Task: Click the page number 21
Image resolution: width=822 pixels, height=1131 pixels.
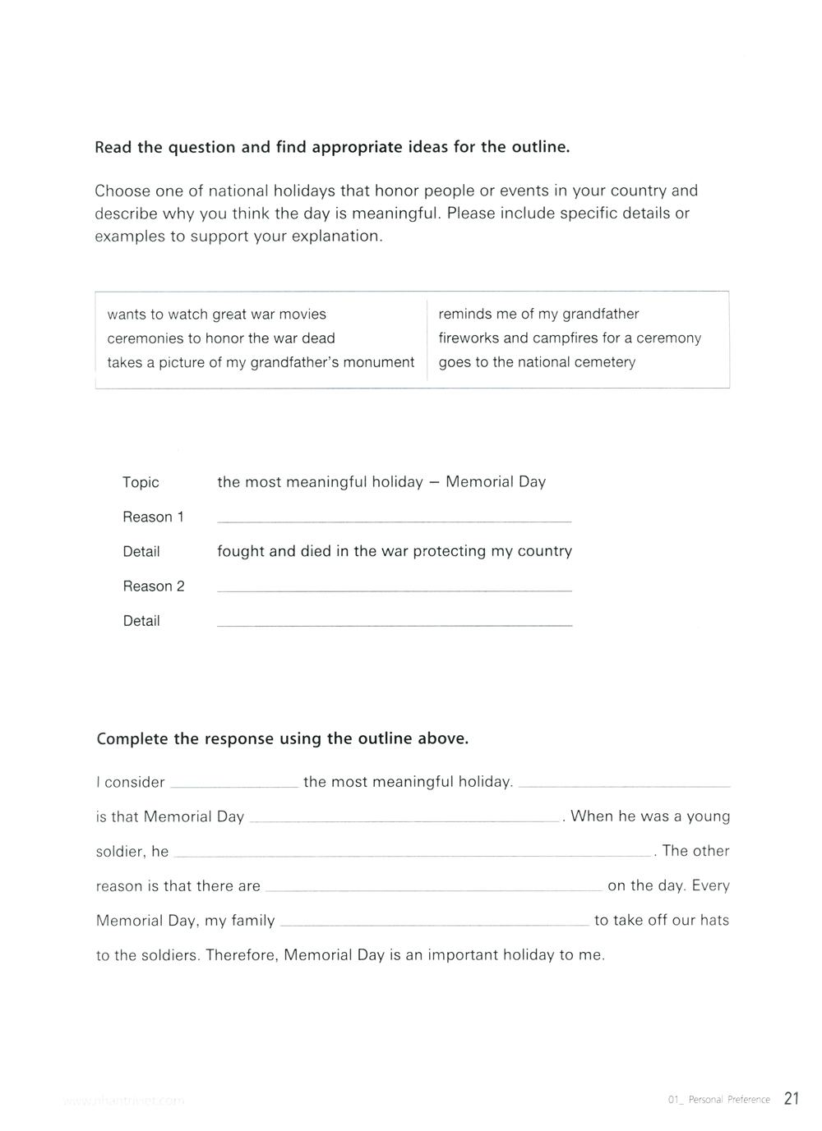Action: pos(791,1098)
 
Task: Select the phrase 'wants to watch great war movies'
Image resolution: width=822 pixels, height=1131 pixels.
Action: pos(216,315)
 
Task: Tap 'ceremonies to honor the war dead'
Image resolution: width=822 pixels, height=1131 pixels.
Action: pos(221,338)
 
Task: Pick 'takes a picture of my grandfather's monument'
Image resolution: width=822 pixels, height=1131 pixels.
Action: pos(261,362)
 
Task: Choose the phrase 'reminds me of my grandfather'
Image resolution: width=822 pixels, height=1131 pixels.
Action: pos(538,314)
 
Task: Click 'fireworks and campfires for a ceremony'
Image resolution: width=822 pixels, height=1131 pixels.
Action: pos(570,338)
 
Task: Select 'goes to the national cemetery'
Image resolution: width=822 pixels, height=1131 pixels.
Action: pos(537,362)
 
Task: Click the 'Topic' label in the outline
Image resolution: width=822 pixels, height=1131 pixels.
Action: pos(141,482)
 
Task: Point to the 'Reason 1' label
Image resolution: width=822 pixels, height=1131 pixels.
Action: pos(153,517)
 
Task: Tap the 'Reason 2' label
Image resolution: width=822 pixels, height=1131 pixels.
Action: pos(154,586)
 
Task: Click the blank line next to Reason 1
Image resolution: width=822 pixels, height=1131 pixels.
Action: pos(394,518)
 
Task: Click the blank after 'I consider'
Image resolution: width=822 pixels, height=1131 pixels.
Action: pos(234,784)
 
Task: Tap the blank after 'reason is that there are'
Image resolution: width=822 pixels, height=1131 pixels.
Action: pos(433,887)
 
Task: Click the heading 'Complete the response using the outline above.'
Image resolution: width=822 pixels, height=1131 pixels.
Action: pos(283,738)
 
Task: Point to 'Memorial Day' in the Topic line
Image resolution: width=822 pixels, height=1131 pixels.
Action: pos(496,482)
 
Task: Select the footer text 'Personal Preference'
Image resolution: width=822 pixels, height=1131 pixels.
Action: pos(729,1100)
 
